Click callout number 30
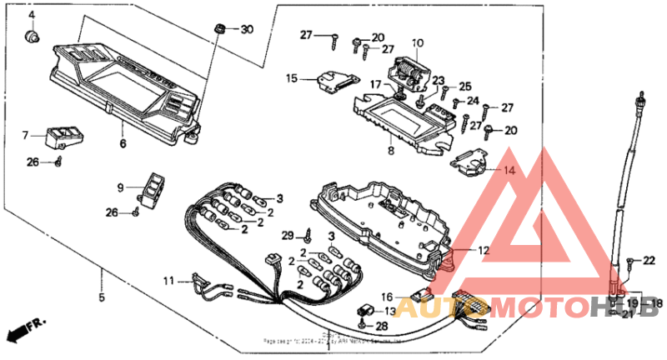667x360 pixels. [246, 29]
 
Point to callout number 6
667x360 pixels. [123, 144]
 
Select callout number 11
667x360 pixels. [168, 281]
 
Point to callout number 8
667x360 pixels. [390, 152]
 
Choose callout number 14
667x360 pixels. [509, 169]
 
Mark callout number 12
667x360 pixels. [484, 250]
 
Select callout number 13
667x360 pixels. [391, 310]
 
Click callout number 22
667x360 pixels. [649, 262]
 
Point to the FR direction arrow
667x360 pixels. [25, 330]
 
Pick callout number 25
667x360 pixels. [465, 86]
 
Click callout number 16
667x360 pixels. [388, 296]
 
